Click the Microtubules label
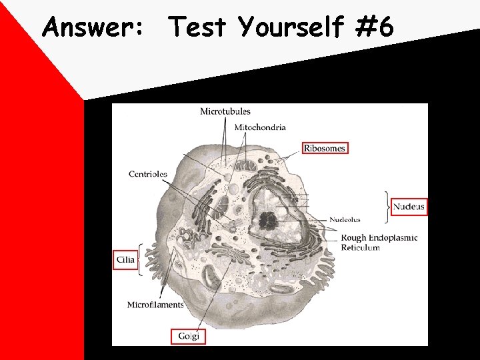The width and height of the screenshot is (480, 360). click(225, 111)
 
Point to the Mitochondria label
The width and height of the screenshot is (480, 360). click(260, 127)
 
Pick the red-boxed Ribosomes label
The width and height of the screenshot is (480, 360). click(325, 148)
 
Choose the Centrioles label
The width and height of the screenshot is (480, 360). click(147, 174)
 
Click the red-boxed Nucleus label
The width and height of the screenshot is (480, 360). click(408, 207)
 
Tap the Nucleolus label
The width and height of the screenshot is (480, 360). click(345, 219)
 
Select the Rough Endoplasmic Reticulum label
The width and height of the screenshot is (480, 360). click(379, 242)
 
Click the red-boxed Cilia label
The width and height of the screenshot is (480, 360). click(125, 259)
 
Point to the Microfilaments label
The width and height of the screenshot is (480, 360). click(155, 305)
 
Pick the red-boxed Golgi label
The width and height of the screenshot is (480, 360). click(189, 336)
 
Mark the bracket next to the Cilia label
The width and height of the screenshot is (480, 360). click(140, 259)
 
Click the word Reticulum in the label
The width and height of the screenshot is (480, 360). click(360, 247)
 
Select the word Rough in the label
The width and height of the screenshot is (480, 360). click(354, 237)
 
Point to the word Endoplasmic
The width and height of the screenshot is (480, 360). click(393, 237)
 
